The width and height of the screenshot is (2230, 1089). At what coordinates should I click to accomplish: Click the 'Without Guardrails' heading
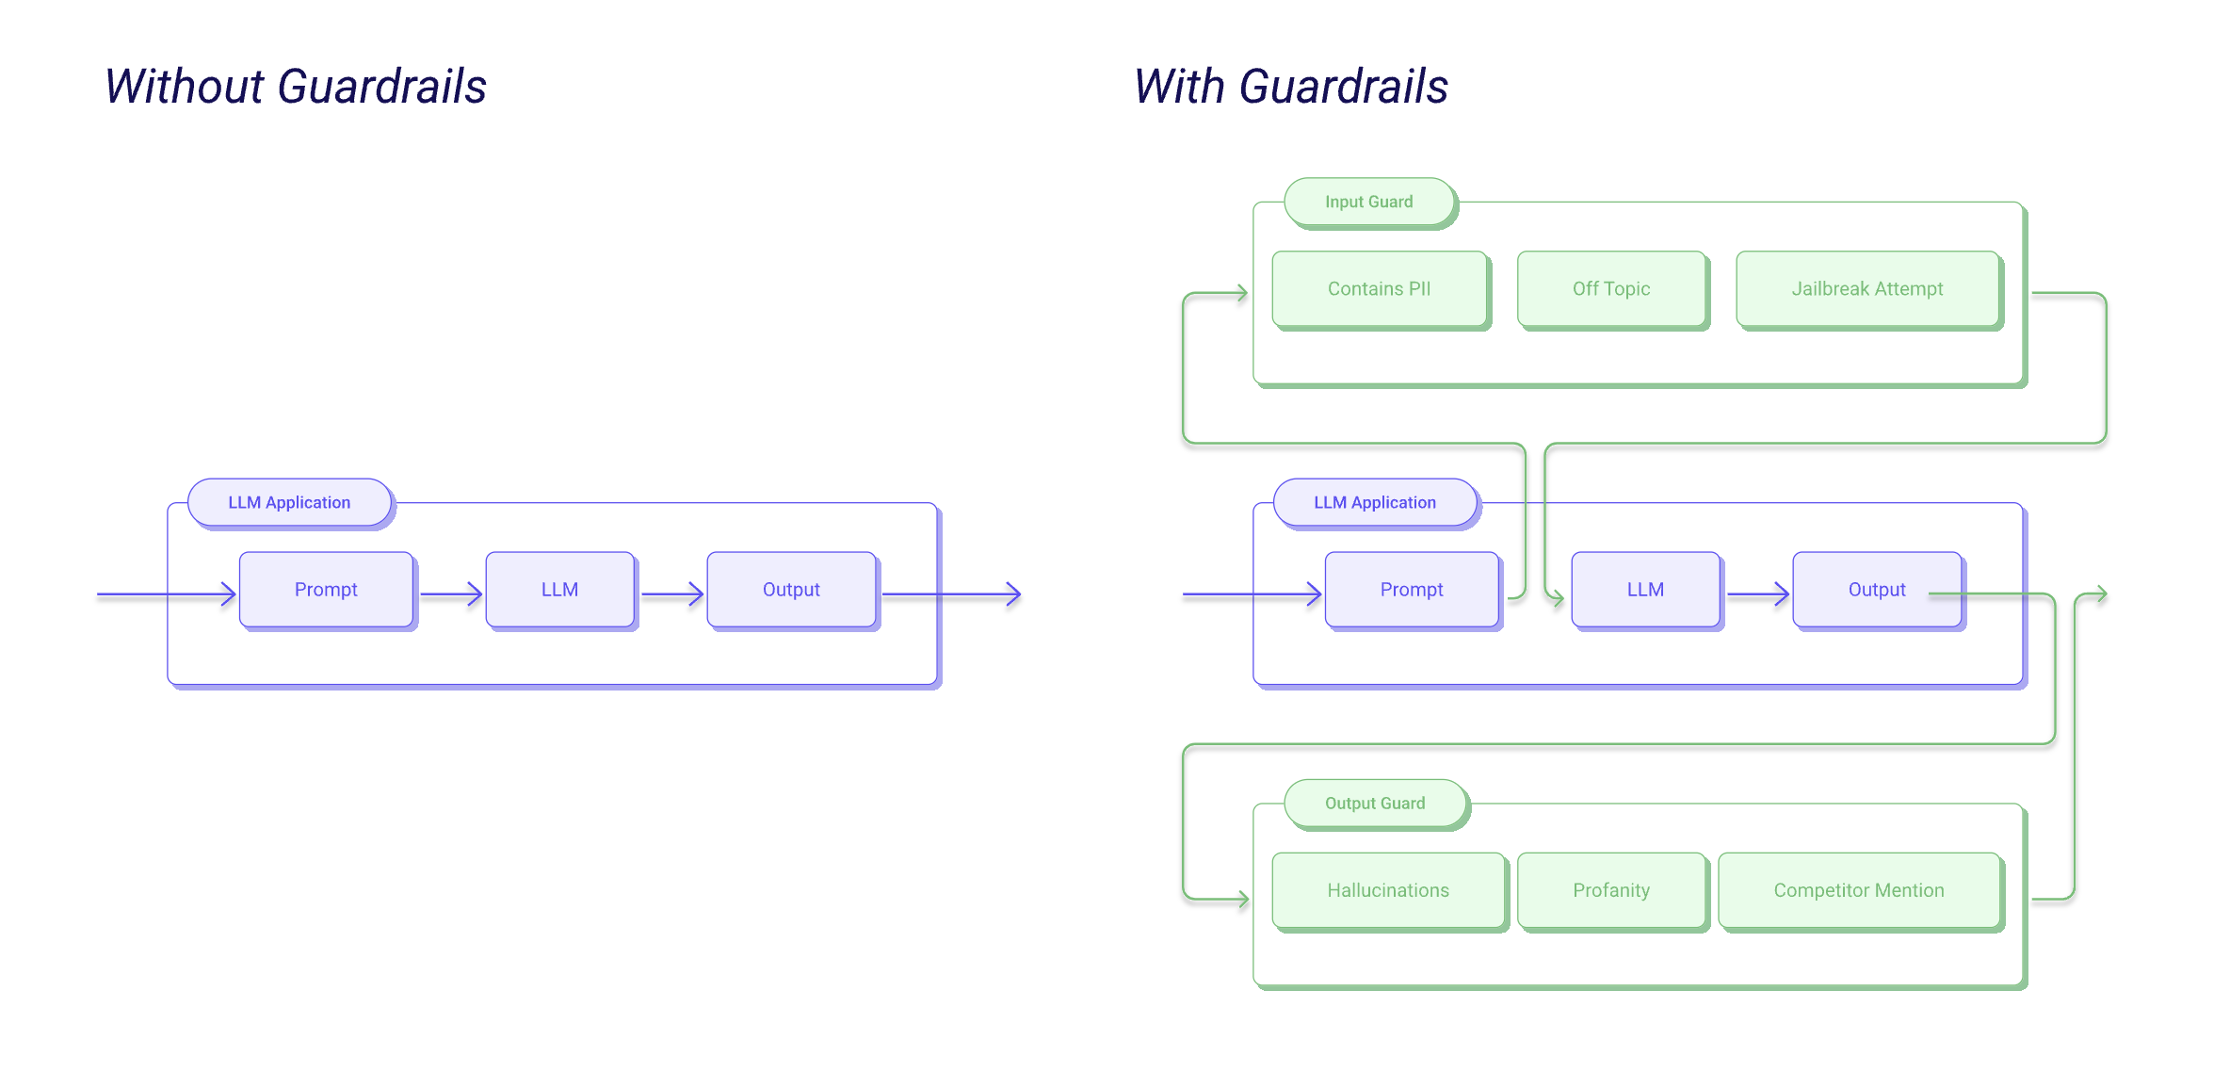(x=295, y=87)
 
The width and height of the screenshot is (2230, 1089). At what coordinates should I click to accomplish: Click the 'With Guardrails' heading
(x=1290, y=87)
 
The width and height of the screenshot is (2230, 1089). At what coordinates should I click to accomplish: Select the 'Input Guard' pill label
(x=1368, y=202)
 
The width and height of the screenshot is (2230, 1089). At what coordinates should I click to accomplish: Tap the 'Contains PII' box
(x=1379, y=289)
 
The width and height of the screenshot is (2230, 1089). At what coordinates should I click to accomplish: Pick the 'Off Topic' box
(x=1611, y=289)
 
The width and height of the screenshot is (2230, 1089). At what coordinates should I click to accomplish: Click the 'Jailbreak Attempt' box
(x=1866, y=289)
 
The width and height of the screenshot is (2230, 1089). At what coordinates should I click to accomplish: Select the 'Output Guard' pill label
(x=1375, y=804)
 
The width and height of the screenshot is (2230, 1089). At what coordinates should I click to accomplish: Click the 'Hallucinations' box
(x=1388, y=890)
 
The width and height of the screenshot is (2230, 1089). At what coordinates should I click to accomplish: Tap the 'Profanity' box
(x=1611, y=890)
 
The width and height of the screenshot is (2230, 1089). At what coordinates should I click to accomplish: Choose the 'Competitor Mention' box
(x=1859, y=890)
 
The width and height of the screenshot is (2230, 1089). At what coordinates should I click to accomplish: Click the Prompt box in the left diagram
(x=326, y=590)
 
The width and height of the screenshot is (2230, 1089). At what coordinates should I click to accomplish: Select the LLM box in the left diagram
(x=559, y=590)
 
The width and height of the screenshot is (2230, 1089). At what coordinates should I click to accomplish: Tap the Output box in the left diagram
(x=791, y=590)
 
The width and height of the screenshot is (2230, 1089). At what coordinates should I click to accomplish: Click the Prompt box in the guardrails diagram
(x=1412, y=590)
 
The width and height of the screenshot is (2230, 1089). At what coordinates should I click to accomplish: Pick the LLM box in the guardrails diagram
(x=1645, y=590)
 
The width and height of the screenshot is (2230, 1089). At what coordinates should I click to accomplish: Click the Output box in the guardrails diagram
(x=1877, y=590)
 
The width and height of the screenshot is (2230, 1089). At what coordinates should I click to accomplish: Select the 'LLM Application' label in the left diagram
(x=289, y=503)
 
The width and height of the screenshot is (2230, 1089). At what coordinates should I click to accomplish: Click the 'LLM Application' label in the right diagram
(x=1375, y=503)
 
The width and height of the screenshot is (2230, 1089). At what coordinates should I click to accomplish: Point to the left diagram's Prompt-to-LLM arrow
(x=451, y=594)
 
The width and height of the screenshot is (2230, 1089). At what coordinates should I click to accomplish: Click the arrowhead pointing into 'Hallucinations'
(x=1243, y=900)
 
